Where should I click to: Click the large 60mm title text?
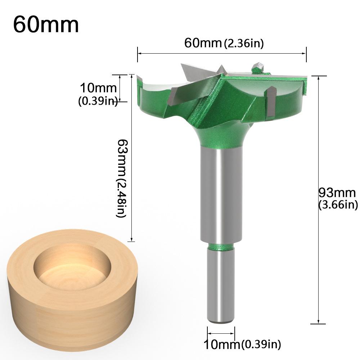(x=46, y=24)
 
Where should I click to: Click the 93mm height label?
(x=337, y=193)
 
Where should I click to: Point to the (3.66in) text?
(x=338, y=204)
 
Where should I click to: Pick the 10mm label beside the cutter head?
(x=98, y=88)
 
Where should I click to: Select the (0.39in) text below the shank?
(x=261, y=345)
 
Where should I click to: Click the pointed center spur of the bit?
(x=221, y=69)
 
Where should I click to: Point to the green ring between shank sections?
(x=221, y=247)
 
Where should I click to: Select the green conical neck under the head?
(x=221, y=139)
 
